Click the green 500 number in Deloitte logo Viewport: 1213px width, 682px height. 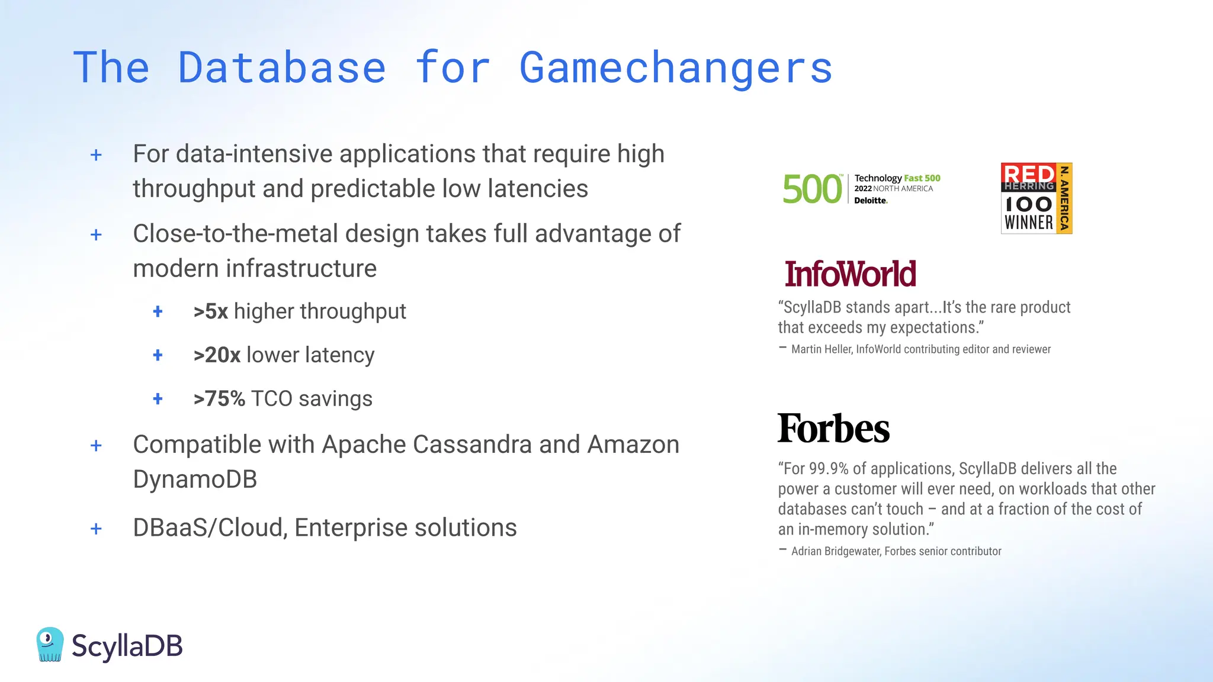(x=812, y=189)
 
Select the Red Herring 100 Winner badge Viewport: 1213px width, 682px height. (x=1036, y=198)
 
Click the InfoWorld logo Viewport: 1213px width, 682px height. (x=850, y=274)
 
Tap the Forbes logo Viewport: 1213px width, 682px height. (x=833, y=429)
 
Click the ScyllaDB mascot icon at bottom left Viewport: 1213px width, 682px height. (x=50, y=644)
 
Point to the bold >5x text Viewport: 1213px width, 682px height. (x=211, y=311)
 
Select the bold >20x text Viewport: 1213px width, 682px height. (x=217, y=355)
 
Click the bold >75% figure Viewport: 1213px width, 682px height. (x=219, y=399)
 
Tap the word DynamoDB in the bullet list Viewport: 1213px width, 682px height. (x=195, y=480)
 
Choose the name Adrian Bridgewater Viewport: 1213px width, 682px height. (x=836, y=551)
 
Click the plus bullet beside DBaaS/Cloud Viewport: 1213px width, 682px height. (x=96, y=528)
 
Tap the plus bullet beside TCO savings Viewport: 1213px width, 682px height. (x=158, y=399)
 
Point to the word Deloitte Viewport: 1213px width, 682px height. (x=871, y=201)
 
